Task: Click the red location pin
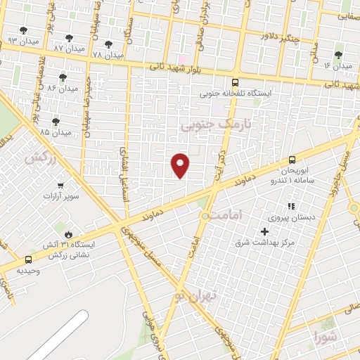click(x=181, y=165)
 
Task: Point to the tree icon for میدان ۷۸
click(x=108, y=44)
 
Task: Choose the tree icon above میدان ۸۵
click(x=56, y=122)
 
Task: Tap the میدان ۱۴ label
click(x=337, y=65)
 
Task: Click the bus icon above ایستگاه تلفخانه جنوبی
click(x=234, y=81)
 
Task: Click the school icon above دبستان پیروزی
click(x=291, y=206)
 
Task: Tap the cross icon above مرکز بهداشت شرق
click(x=264, y=231)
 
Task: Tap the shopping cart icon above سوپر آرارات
click(x=60, y=186)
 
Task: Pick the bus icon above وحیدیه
click(x=28, y=259)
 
